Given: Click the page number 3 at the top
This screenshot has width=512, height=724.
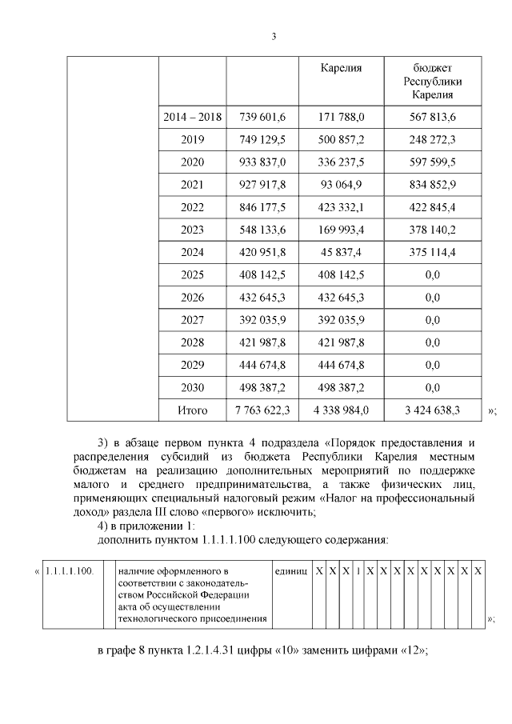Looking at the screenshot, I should point(274,37).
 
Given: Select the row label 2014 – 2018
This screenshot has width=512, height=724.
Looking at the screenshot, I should point(192,117).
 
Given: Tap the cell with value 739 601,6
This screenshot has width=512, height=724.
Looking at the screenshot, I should point(262,117).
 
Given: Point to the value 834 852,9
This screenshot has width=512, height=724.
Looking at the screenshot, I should point(433,185).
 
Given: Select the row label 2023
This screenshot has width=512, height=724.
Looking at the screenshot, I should point(192,230).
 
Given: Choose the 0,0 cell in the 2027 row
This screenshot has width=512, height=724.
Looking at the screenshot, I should point(433,320).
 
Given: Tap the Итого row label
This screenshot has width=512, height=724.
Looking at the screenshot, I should point(192,410).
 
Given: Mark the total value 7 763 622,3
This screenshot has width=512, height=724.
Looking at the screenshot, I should point(262,410).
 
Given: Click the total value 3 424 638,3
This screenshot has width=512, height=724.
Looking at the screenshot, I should point(433,410).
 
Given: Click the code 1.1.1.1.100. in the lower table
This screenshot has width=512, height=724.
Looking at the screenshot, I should point(70,570).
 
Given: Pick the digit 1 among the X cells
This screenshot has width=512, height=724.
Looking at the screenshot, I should point(358,570).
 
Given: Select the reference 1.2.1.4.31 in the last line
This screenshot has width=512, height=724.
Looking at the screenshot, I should point(217,650).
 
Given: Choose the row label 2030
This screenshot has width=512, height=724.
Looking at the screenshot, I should point(192,388).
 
